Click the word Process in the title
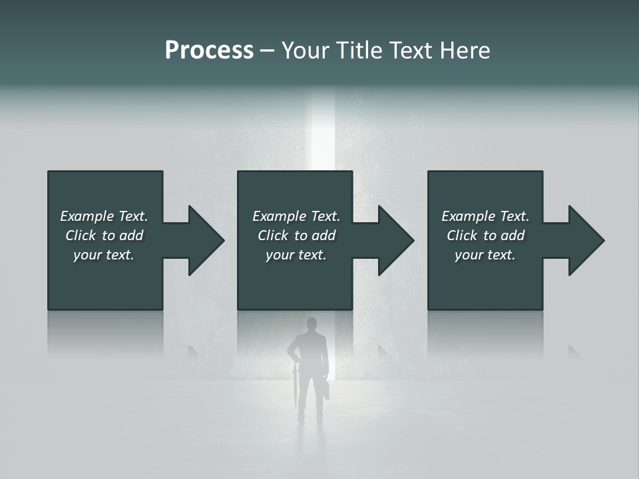[x=209, y=51]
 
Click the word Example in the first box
[x=87, y=216]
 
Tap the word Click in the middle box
[x=273, y=236]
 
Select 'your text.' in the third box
[x=485, y=255]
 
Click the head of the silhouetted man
[x=311, y=325]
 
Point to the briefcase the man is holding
[x=326, y=388]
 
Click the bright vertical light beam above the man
[x=323, y=133]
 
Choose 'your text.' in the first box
[x=104, y=255]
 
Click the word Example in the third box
[x=468, y=216]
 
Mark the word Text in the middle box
[x=325, y=216]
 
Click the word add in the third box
[x=513, y=236]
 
